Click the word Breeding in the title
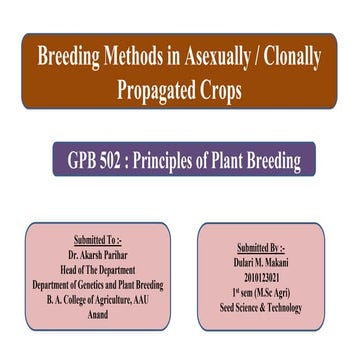coord(69,58)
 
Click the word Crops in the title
coord(222,90)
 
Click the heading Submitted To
coord(98,241)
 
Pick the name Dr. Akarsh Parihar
coord(98,255)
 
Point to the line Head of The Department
coord(98,270)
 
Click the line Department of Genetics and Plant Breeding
coord(98,285)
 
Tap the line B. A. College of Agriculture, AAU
coord(98,300)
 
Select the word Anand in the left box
coord(98,315)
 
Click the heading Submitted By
coord(261,247)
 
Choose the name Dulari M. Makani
coord(261,262)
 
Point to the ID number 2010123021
coord(261,277)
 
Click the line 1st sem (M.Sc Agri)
coord(261,292)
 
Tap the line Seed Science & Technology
coord(261,307)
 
